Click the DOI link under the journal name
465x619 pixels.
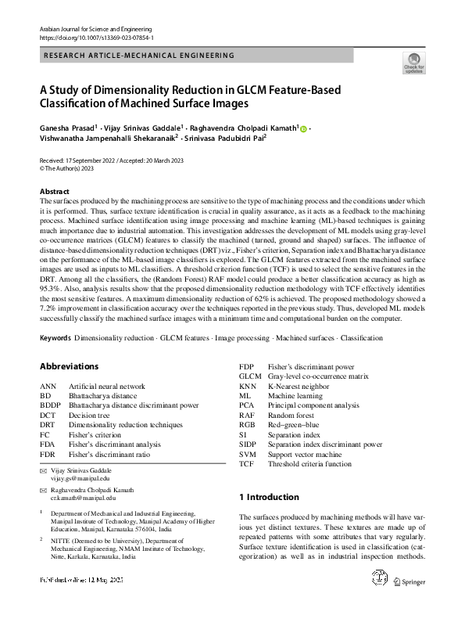pyautogui.click(x=96, y=37)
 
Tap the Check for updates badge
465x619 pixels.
pyautogui.click(x=413, y=63)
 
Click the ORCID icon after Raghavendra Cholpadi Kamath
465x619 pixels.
pyautogui.click(x=303, y=128)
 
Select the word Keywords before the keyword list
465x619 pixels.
pyautogui.click(x=55, y=338)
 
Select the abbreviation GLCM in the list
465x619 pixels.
pyautogui.click(x=249, y=376)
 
